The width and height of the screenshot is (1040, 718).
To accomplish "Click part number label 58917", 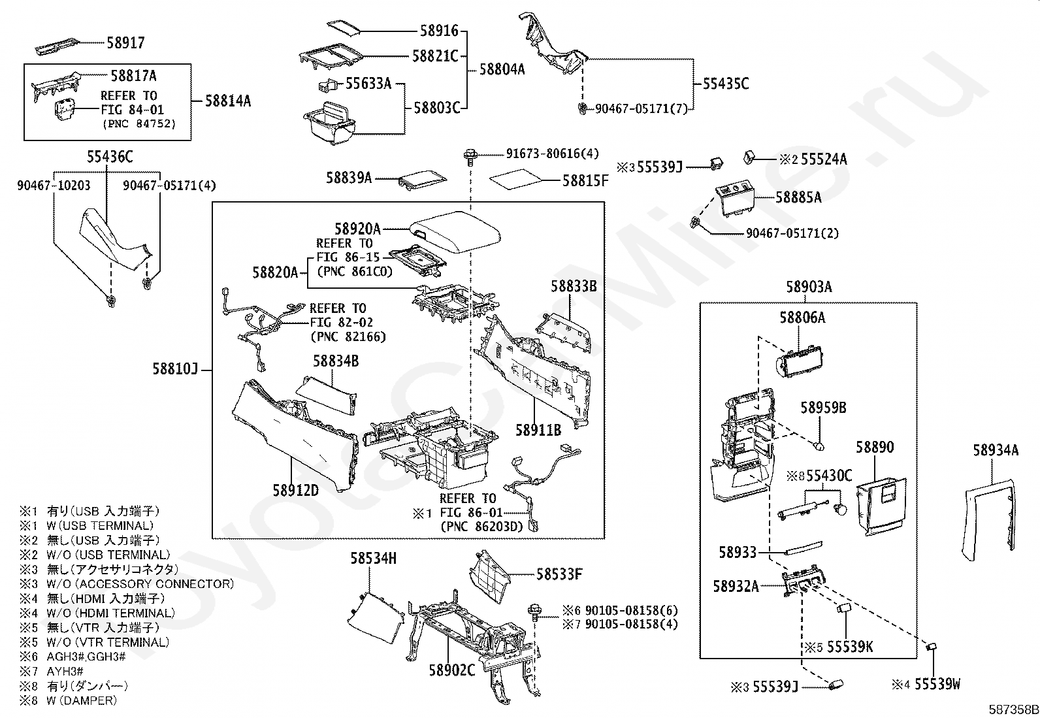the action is click(126, 42).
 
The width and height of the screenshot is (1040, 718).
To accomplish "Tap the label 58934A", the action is click(996, 450).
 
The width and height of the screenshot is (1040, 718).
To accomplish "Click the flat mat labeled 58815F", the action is click(516, 179).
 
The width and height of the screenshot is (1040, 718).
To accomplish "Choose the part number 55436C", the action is click(110, 157).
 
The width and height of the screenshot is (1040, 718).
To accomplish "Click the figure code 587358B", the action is click(1013, 709).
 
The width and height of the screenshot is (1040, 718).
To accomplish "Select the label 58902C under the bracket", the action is click(452, 670).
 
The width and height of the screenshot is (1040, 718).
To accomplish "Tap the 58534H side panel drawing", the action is click(376, 617).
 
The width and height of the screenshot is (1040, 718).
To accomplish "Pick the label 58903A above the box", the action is click(809, 287).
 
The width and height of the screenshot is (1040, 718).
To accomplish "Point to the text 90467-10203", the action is click(54, 186).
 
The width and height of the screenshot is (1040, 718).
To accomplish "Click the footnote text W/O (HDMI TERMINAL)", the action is click(111, 613).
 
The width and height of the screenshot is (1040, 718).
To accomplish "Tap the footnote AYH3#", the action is click(65, 671).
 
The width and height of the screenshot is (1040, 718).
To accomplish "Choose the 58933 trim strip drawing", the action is click(804, 548).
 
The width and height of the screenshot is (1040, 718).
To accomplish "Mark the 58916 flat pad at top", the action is click(344, 27).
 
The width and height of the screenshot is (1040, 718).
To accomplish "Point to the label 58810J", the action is click(176, 368).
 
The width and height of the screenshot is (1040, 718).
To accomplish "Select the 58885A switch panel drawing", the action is click(735, 201).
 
